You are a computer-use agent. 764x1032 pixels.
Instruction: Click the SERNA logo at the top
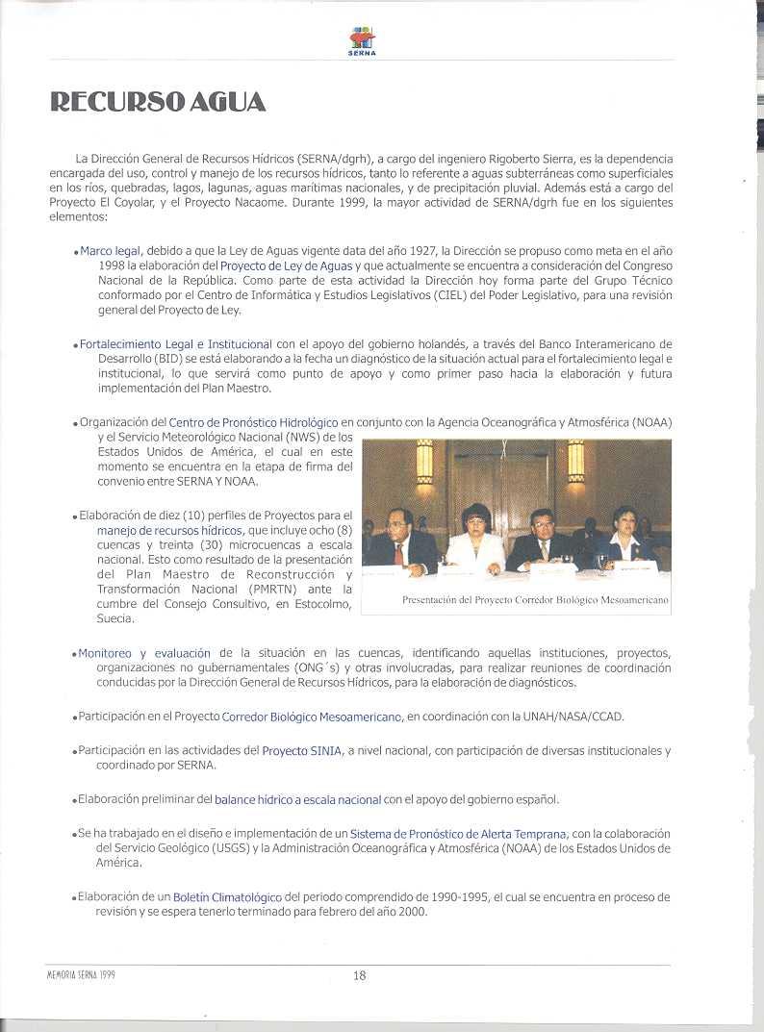[x=362, y=40]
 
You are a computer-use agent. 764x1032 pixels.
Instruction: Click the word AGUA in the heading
[x=228, y=103]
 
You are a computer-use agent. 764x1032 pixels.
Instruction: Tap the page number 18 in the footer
[x=359, y=974]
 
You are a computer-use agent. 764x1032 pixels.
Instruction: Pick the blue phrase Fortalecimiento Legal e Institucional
[x=176, y=343]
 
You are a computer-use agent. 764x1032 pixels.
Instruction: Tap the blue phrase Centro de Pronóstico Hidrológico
[x=253, y=422]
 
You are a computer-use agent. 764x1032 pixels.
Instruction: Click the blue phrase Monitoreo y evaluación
[x=144, y=653]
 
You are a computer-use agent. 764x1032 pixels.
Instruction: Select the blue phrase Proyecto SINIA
[x=301, y=750]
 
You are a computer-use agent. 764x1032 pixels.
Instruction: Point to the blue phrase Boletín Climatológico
[x=227, y=896]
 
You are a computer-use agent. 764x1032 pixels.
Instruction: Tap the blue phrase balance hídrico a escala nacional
[x=298, y=799]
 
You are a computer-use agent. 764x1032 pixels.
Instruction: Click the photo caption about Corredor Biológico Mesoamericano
[x=535, y=600]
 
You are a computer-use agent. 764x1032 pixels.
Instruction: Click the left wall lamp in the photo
[x=424, y=461]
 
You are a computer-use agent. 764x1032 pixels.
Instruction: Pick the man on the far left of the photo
[x=398, y=541]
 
